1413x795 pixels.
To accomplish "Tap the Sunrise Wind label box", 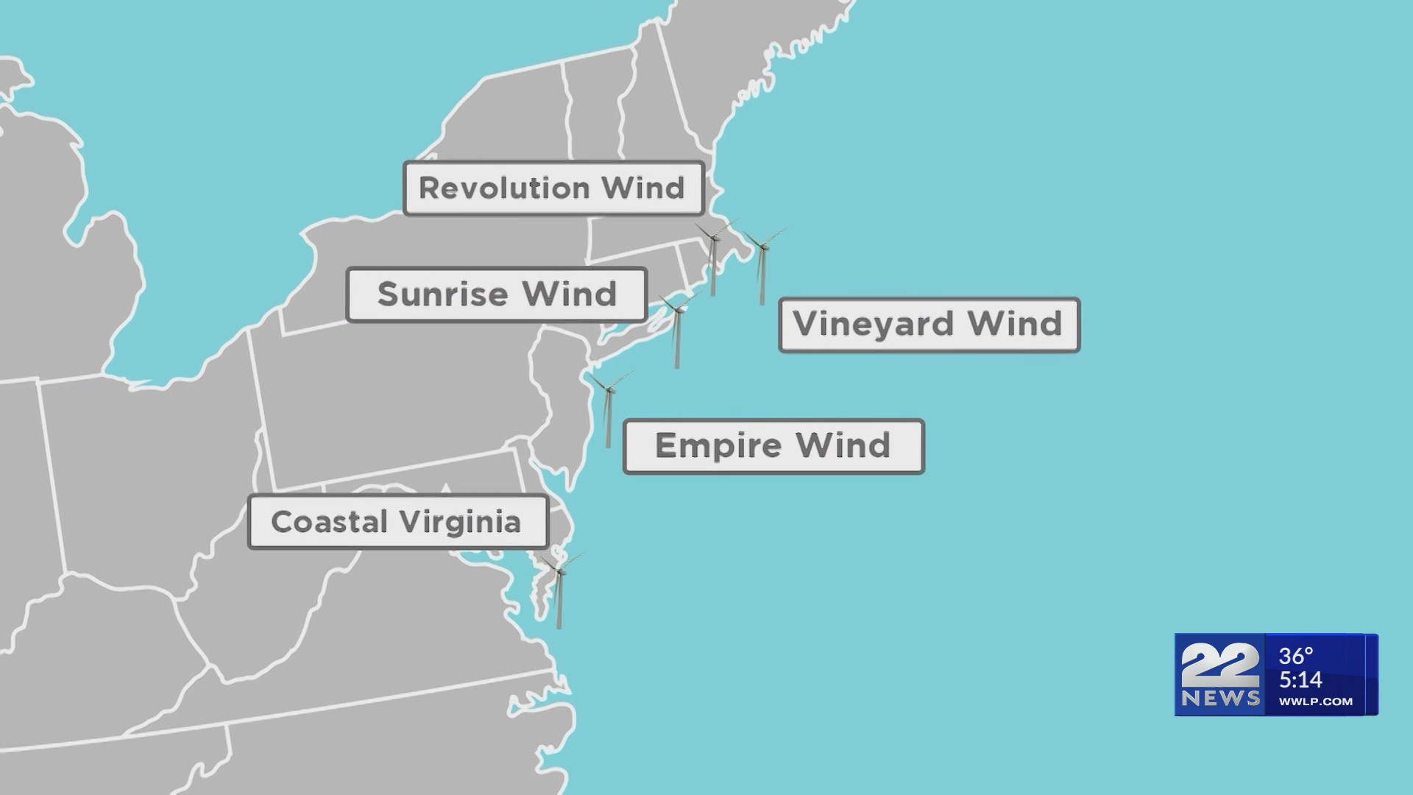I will coord(497,294).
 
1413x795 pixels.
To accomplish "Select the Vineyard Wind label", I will coord(929,325).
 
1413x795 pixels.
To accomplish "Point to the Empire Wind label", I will coord(773,446).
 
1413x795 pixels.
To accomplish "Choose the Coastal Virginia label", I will coord(397,522).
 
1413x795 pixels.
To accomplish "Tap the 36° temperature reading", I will coord(1296,656).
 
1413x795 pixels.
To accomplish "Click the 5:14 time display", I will coord(1300,679).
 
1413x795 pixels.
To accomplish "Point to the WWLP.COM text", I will coord(1315,702).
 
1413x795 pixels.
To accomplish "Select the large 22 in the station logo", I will coord(1219,665).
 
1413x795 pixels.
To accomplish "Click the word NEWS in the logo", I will coord(1220,699).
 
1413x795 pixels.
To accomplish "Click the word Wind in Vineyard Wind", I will coord(1015,325).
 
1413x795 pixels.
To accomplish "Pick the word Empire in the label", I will coord(718,447).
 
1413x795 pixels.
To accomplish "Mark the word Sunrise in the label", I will coord(443,294).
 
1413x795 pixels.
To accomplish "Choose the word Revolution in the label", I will coord(504,188).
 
